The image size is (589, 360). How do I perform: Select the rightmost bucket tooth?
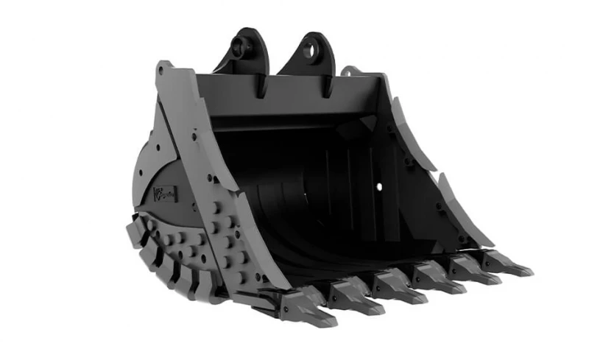[514, 264]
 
